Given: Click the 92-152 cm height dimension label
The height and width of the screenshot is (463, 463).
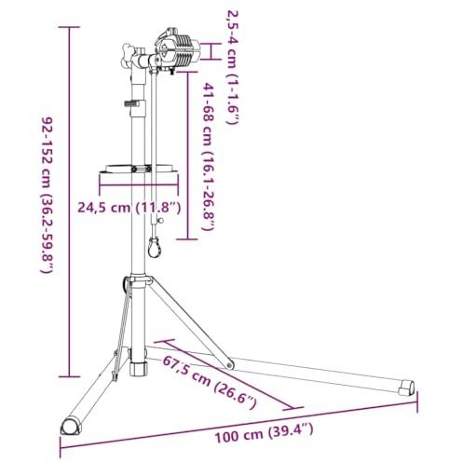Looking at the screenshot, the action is pyautogui.click(x=48, y=196).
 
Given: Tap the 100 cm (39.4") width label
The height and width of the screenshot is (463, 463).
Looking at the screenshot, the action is pyautogui.click(x=264, y=432).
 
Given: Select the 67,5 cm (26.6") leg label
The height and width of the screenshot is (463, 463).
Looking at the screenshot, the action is pyautogui.click(x=210, y=383).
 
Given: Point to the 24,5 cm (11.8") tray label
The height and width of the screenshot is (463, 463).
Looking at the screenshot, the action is pyautogui.click(x=129, y=208).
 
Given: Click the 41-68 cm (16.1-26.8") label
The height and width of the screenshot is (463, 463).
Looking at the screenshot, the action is pyautogui.click(x=209, y=157).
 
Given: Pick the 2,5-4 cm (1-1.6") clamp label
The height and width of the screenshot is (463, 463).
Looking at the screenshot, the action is pyautogui.click(x=233, y=67).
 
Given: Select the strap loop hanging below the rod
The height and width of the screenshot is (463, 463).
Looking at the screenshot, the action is pyautogui.click(x=154, y=247).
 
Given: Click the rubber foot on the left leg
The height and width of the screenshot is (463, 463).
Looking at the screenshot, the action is pyautogui.click(x=71, y=426).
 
